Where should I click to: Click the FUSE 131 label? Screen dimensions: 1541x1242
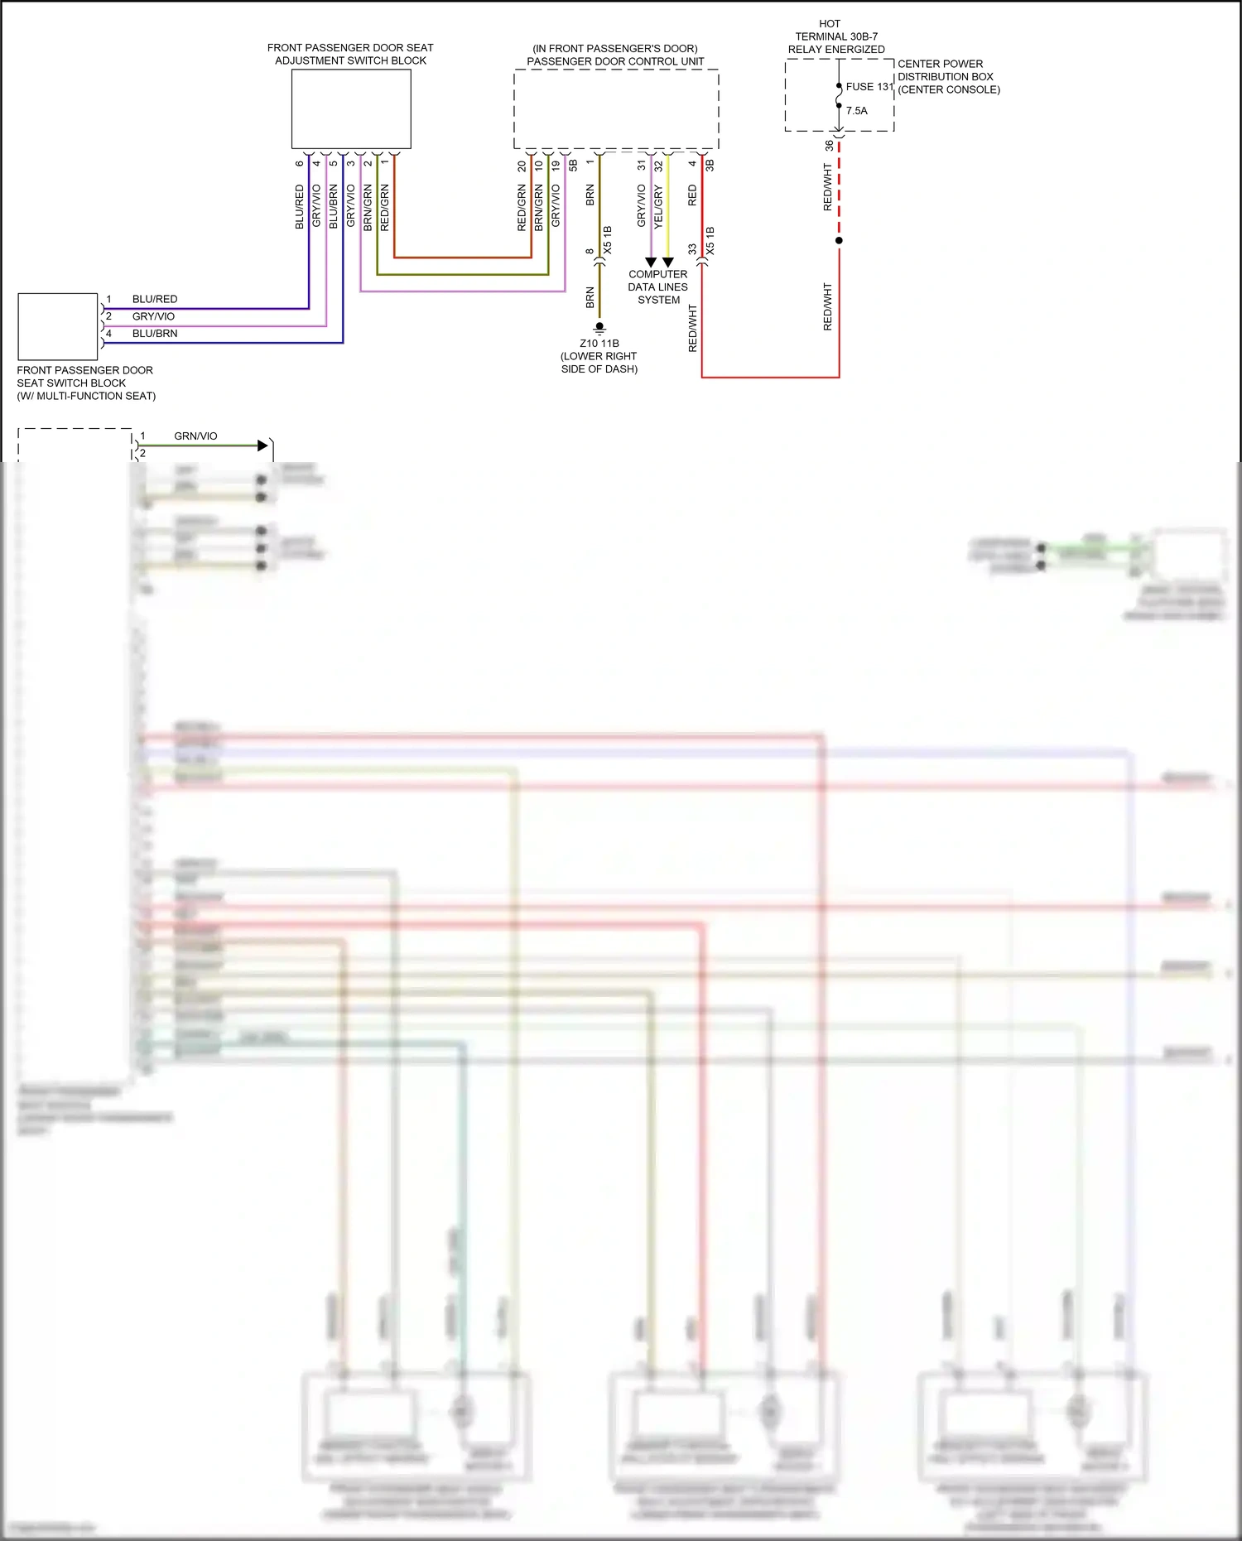tap(869, 87)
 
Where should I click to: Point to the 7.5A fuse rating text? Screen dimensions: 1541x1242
tap(857, 111)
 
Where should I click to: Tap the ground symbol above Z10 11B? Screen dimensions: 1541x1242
tap(599, 328)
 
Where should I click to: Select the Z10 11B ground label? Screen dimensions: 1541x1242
tap(599, 344)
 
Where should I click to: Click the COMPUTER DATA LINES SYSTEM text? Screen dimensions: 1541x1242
tap(658, 287)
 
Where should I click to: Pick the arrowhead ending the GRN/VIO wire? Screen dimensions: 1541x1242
tap(263, 446)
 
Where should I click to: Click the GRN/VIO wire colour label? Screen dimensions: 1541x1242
tap(195, 436)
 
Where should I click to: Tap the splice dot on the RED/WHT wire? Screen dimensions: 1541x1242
tap(839, 241)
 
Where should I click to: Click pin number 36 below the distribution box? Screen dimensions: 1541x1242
tap(829, 146)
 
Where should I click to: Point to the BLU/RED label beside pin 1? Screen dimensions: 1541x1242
tap(155, 300)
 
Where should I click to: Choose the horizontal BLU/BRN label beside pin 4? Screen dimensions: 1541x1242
tap(155, 334)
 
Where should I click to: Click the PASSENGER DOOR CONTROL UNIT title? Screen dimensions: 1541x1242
tap(615, 61)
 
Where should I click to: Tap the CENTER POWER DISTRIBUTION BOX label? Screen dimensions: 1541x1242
tap(948, 77)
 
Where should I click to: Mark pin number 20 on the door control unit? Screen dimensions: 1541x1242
tap(522, 166)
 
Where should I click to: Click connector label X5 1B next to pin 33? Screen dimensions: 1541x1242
tap(710, 240)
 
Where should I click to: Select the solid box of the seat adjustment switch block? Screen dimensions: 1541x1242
tap(351, 109)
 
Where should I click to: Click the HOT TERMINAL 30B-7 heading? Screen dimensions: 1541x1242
tap(836, 36)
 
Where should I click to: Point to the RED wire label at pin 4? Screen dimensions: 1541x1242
tap(693, 196)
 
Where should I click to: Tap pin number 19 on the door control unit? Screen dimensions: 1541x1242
tap(556, 166)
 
